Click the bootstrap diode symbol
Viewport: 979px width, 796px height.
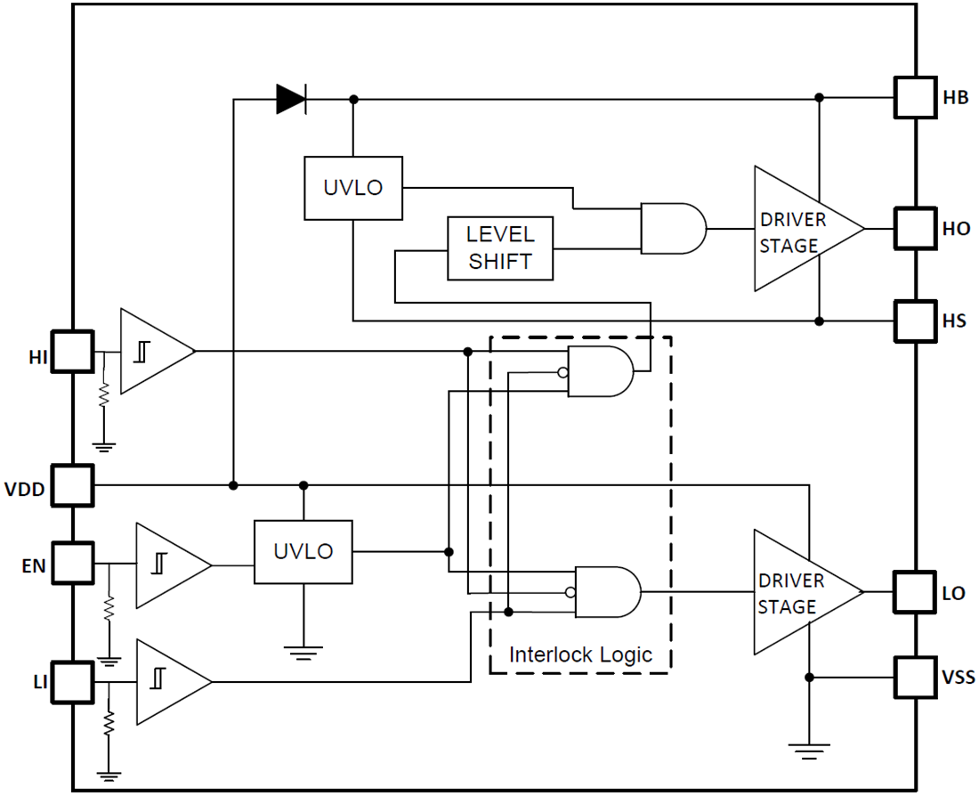click(x=290, y=99)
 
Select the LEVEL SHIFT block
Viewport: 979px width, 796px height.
click(x=500, y=248)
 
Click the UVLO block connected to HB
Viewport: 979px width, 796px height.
click(x=353, y=188)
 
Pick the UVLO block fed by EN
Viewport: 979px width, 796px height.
click(x=303, y=552)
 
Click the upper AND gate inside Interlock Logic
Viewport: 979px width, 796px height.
click(x=600, y=370)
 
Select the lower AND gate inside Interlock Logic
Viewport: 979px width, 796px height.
click(x=608, y=591)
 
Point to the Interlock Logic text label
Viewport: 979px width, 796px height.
click(x=580, y=654)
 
